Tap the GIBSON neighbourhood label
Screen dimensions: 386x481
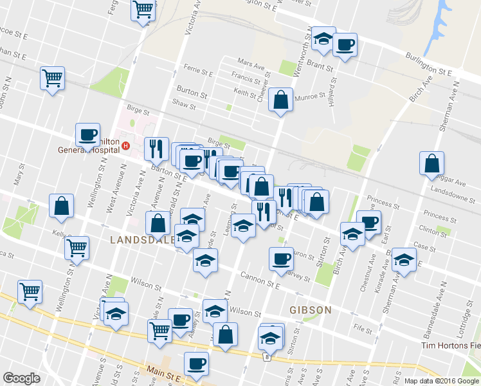point(310,310)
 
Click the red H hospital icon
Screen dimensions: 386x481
point(126,145)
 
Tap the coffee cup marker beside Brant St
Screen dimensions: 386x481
point(345,45)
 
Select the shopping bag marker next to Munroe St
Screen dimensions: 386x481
point(280,100)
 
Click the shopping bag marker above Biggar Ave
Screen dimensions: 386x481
point(432,164)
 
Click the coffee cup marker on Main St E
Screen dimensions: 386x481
point(196,364)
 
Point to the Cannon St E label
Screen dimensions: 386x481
point(262,277)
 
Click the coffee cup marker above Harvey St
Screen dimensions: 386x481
point(280,259)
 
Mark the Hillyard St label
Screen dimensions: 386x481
point(334,91)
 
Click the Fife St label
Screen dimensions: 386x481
point(363,328)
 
